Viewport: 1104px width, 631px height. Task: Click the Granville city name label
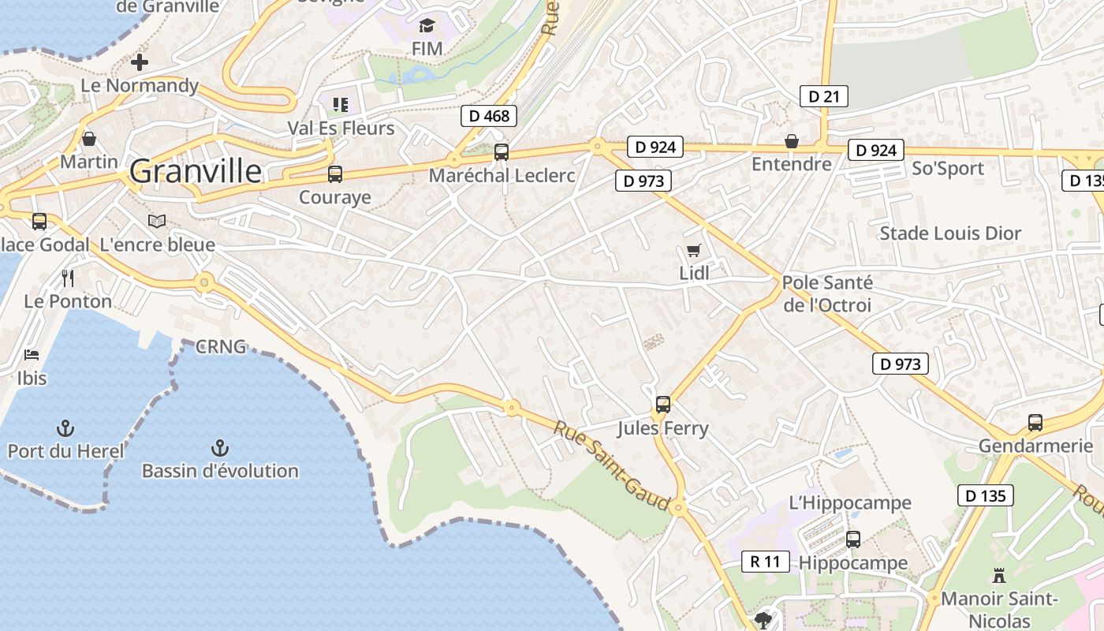coord(195,170)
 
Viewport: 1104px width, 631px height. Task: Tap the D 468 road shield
coord(489,116)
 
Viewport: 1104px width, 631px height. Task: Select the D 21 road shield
coord(824,96)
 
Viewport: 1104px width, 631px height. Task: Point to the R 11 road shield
coord(765,562)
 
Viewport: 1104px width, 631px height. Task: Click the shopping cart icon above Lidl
coord(693,251)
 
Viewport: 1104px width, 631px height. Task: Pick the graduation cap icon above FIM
coord(427,26)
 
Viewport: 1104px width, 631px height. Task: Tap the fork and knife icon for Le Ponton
coord(68,278)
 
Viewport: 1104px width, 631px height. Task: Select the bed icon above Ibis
coord(32,355)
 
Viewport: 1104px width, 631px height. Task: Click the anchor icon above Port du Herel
coord(65,428)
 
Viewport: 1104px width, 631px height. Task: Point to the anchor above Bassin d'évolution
coord(219,448)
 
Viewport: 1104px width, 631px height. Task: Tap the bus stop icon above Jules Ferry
coord(663,405)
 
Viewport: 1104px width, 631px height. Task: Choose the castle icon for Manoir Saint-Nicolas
coord(999,575)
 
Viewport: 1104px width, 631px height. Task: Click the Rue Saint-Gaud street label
coord(611,465)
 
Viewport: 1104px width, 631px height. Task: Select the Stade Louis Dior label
coord(950,233)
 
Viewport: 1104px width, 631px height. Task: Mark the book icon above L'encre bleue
coord(157,222)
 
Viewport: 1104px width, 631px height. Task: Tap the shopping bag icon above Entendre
coord(791,141)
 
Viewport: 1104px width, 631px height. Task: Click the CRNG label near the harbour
coord(221,346)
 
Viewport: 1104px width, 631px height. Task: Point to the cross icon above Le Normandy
coord(140,62)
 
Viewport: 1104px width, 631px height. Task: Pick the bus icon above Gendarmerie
coord(1035,423)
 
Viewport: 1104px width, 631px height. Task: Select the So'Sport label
coord(948,168)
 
